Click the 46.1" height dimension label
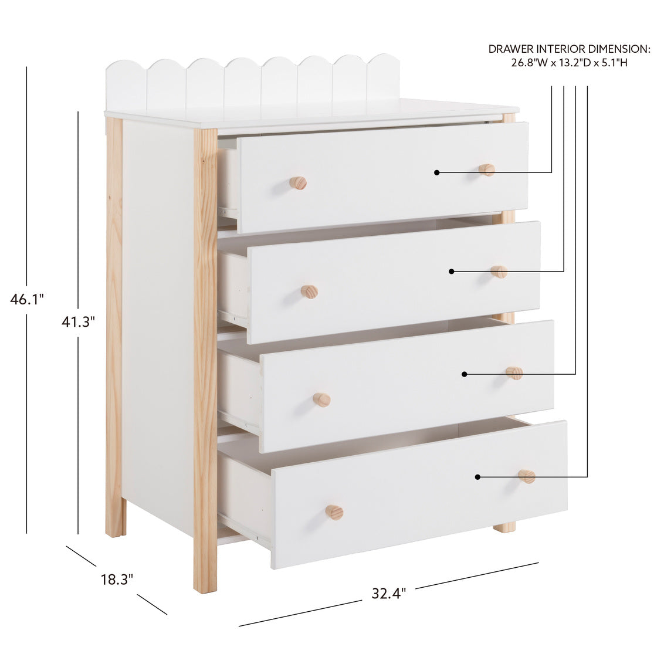(26, 299)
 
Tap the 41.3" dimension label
(78, 322)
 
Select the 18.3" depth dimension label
(117, 579)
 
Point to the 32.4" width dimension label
(389, 593)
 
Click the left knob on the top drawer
(298, 183)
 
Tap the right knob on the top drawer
(487, 170)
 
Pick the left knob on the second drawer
(310, 292)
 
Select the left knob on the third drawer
(322, 399)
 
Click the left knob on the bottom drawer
(334, 512)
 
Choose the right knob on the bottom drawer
(526, 476)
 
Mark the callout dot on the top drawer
(436, 172)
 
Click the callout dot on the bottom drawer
(477, 477)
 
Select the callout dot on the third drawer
(464, 374)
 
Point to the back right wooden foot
(505, 528)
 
